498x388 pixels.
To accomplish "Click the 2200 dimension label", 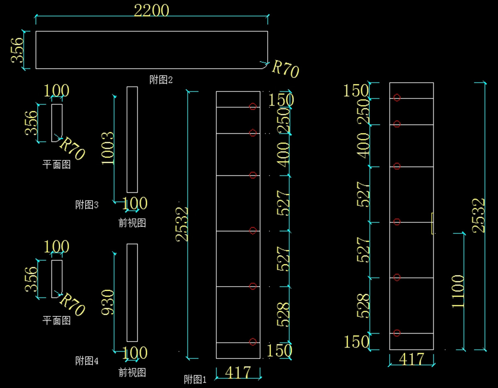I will coord(151,10).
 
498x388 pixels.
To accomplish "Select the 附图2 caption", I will coord(161,80).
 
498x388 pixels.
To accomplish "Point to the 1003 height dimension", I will coord(107,148).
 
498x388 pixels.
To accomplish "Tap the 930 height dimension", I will coord(107,302).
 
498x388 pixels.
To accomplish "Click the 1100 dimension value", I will coord(458,291).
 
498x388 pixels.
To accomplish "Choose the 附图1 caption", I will coord(195,379).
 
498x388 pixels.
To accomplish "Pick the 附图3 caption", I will coord(87,204).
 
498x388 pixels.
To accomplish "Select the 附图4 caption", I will coord(87,361).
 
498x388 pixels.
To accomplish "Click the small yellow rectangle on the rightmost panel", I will coord(432,223).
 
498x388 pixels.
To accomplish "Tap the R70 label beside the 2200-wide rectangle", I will coord(285,69).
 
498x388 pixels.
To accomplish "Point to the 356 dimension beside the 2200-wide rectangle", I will coord(17,50).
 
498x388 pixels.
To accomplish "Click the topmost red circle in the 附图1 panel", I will coord(253,107).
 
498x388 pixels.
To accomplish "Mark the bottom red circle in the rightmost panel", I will coord(397,333).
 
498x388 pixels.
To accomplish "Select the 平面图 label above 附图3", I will coord(57,165).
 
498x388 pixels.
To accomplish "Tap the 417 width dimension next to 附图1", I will coord(238,372).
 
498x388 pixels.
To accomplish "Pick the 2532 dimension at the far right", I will coord(479,215).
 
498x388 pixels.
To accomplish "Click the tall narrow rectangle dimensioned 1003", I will coord(132,140).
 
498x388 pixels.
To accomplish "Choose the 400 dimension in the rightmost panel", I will coord(363,145).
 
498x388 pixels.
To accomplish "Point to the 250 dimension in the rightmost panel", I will coord(363,111).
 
